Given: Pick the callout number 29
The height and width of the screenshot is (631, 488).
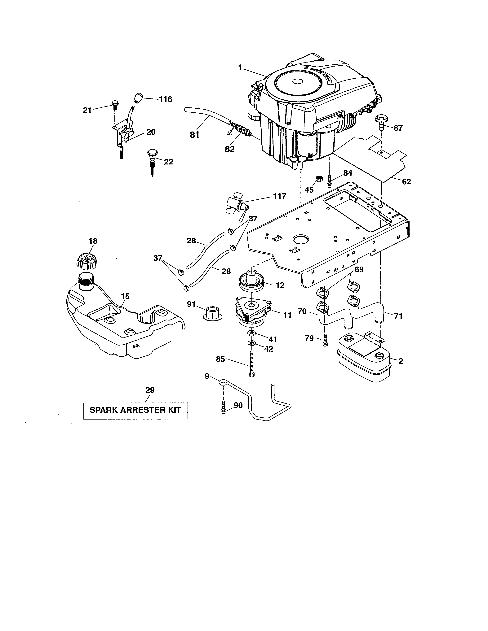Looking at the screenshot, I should [150, 390].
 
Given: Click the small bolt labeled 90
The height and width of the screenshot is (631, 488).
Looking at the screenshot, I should [223, 408].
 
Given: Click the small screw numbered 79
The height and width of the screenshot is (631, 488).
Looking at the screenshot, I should [325, 340].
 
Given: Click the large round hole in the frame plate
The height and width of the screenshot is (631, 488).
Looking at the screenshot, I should [301, 239].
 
